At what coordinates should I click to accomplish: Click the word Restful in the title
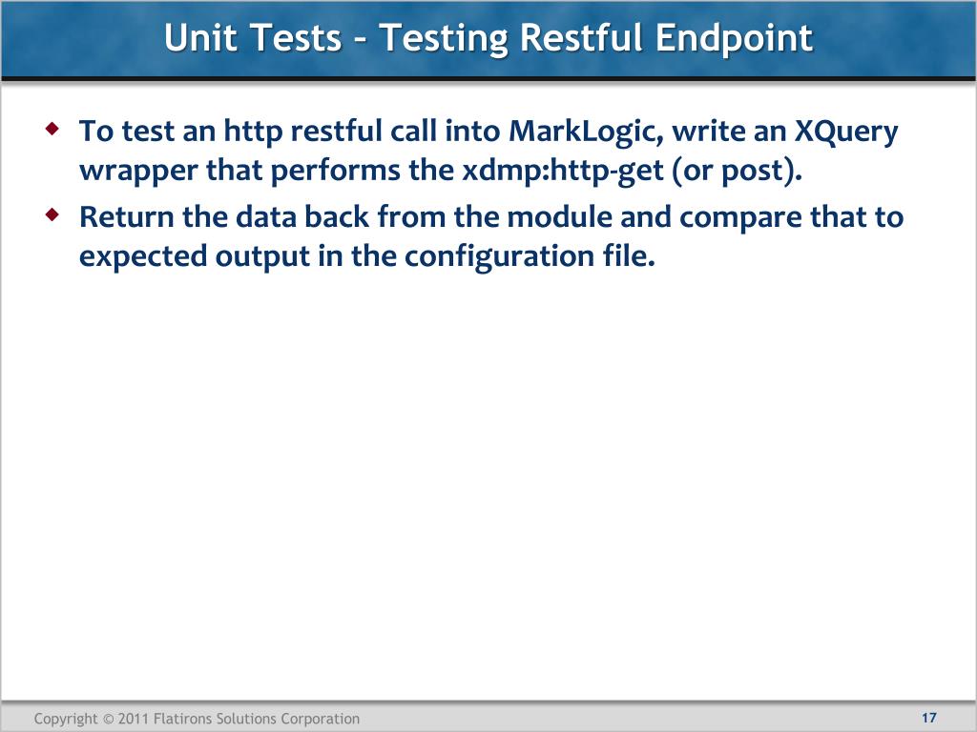(583, 38)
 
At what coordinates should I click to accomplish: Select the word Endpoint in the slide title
(734, 38)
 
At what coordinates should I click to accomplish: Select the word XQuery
(846, 131)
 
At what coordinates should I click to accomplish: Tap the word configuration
(494, 257)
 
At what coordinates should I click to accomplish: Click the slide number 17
(929, 718)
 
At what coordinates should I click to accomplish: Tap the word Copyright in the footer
(66, 719)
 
